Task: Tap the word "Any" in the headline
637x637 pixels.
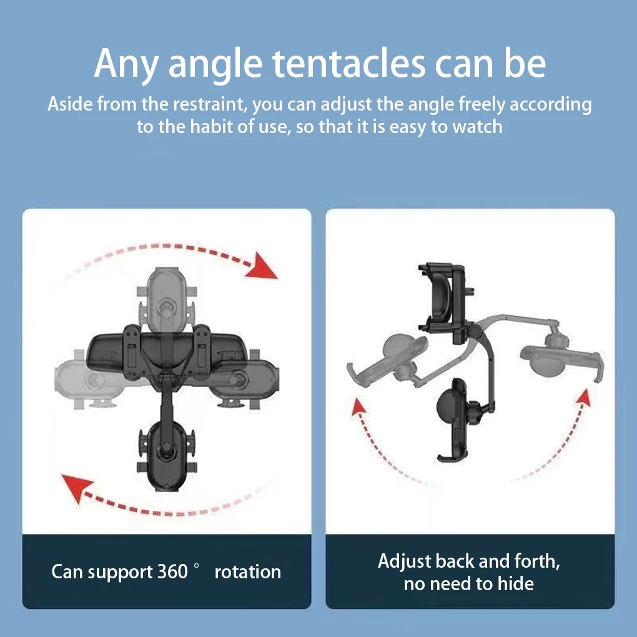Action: coord(125,64)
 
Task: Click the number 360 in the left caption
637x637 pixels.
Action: coord(172,571)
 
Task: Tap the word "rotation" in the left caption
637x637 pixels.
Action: coord(247,571)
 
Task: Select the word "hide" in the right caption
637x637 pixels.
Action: coord(516,584)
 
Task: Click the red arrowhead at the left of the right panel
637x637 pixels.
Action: coord(358,407)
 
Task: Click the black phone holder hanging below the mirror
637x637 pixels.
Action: coord(166,453)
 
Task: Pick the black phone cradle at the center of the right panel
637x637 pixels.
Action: coord(455,418)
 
